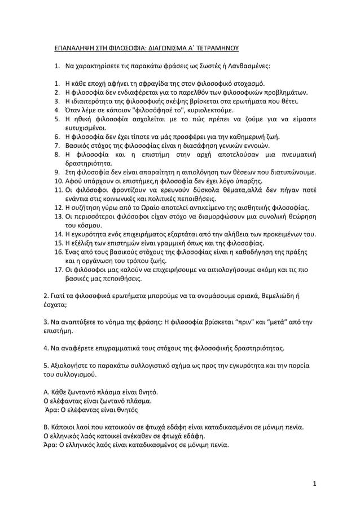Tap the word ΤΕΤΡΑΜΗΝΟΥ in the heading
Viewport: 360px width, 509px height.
(217, 49)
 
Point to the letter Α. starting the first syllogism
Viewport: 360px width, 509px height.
(47, 393)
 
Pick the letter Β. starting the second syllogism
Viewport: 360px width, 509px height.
(47, 428)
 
